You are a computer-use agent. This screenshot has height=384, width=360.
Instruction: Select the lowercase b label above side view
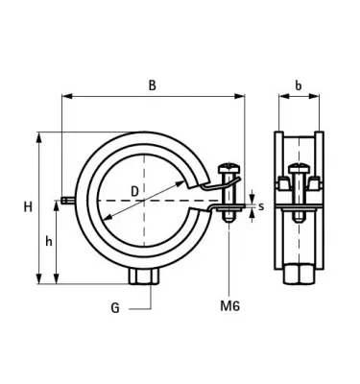tap(299, 84)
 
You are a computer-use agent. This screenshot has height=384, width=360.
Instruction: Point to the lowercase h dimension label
tap(49, 242)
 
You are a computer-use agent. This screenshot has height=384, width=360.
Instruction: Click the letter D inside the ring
tap(133, 192)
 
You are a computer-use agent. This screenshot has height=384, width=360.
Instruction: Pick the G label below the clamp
tap(114, 309)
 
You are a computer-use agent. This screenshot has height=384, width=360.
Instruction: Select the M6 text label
tap(229, 307)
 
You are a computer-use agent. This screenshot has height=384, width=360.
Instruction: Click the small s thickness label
tap(260, 204)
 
